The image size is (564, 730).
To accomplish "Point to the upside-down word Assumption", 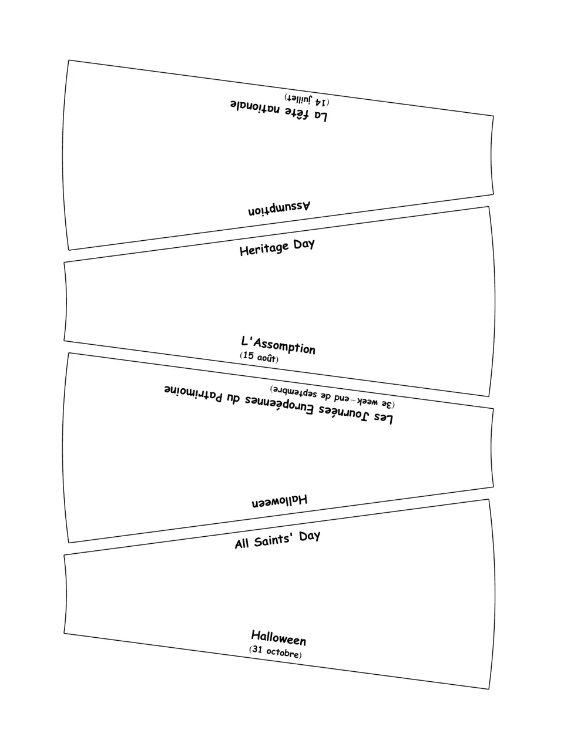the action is [x=279, y=208].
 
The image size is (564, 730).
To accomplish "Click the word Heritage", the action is [x=264, y=249].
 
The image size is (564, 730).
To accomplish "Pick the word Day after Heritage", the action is [x=304, y=244].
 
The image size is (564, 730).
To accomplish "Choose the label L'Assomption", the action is [x=278, y=345].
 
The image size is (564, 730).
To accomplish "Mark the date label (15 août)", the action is [x=259, y=356].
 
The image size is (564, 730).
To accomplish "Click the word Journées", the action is [x=344, y=413].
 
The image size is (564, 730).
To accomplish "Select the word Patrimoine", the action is [x=193, y=393].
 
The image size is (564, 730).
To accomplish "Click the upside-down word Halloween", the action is [x=280, y=500].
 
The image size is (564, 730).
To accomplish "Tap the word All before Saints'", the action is [x=241, y=544].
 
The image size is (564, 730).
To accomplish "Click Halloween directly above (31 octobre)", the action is [x=278, y=638].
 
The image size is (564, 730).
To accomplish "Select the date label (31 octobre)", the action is [x=275, y=652].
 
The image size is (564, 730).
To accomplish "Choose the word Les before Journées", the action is [x=382, y=419].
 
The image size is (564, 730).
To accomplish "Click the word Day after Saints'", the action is [x=310, y=537].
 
